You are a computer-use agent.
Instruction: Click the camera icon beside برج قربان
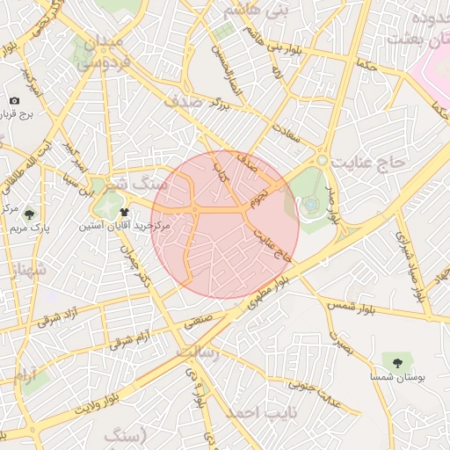(14, 101)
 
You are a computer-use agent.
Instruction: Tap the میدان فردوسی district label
(104, 52)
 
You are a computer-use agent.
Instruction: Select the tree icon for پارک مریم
(30, 214)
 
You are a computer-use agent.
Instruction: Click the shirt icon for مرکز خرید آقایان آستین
(123, 212)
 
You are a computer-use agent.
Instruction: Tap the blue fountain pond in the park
(311, 205)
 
